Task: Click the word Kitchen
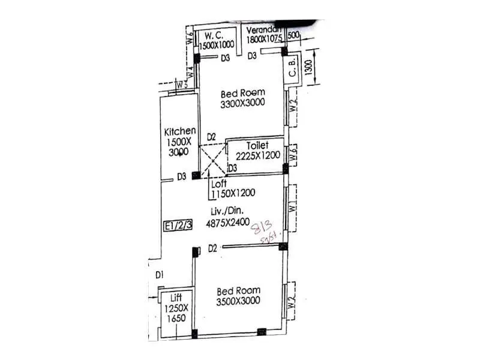coord(180,131)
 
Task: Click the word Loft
coord(220,184)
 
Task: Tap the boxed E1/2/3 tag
coord(179,226)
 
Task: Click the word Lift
coord(176,298)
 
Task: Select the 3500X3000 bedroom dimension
coord(238,301)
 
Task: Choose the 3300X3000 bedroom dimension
coord(242,104)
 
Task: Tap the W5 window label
coord(182,84)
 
